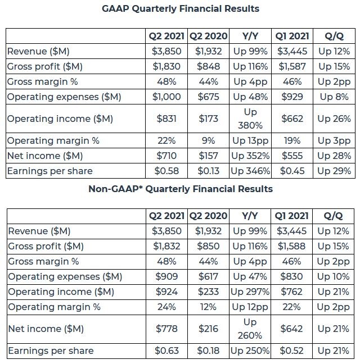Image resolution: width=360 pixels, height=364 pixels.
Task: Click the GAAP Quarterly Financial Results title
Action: (x=181, y=9)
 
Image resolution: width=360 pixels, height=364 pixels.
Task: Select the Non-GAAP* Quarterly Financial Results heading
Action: (x=181, y=189)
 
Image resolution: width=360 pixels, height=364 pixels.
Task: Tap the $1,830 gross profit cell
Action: (x=166, y=66)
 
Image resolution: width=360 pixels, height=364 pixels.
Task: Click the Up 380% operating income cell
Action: (x=250, y=119)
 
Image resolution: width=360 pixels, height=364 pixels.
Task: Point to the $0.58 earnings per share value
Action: (x=166, y=171)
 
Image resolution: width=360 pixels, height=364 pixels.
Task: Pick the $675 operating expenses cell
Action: (x=208, y=97)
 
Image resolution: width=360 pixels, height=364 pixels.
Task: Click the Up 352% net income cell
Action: (x=250, y=156)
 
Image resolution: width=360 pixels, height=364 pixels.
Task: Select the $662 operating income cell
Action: (x=292, y=119)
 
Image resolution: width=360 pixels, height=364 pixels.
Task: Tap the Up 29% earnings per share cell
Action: (x=334, y=171)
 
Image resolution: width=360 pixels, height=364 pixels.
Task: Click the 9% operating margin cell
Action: (x=208, y=140)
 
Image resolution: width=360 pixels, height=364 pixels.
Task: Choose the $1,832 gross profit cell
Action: (x=166, y=246)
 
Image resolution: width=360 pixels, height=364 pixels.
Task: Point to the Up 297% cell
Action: (x=250, y=292)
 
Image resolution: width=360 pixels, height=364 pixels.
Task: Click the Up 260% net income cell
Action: (x=250, y=329)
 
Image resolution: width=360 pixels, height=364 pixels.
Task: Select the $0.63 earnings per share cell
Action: (x=166, y=351)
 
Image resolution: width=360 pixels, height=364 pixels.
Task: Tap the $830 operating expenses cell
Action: (x=291, y=276)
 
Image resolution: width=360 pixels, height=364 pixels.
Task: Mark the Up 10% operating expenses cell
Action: (x=333, y=276)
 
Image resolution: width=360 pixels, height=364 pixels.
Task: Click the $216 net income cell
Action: (x=208, y=329)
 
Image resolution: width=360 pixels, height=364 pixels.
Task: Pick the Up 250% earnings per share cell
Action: (x=250, y=351)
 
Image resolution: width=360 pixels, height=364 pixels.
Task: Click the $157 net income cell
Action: (x=208, y=156)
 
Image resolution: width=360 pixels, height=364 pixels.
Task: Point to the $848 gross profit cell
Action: (x=208, y=66)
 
